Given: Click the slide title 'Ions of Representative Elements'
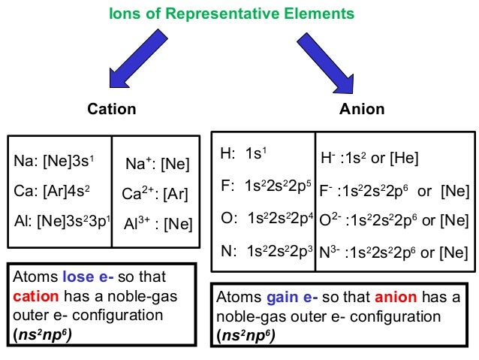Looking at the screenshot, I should pyautogui.click(x=232, y=14).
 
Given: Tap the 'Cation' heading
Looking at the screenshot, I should pyautogui.click(x=112, y=109).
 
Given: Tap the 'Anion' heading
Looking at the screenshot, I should pyautogui.click(x=362, y=109).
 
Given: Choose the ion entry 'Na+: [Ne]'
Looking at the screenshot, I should pyautogui.click(x=157, y=164).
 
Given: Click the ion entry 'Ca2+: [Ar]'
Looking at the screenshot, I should pyautogui.click(x=155, y=195).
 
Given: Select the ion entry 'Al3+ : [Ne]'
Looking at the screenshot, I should pyautogui.click(x=158, y=223).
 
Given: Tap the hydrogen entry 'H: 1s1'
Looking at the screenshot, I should pyautogui.click(x=244, y=154).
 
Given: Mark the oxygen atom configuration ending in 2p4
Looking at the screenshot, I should pyautogui.click(x=266, y=219).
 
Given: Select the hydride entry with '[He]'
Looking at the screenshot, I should pyautogui.click(x=369, y=159).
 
